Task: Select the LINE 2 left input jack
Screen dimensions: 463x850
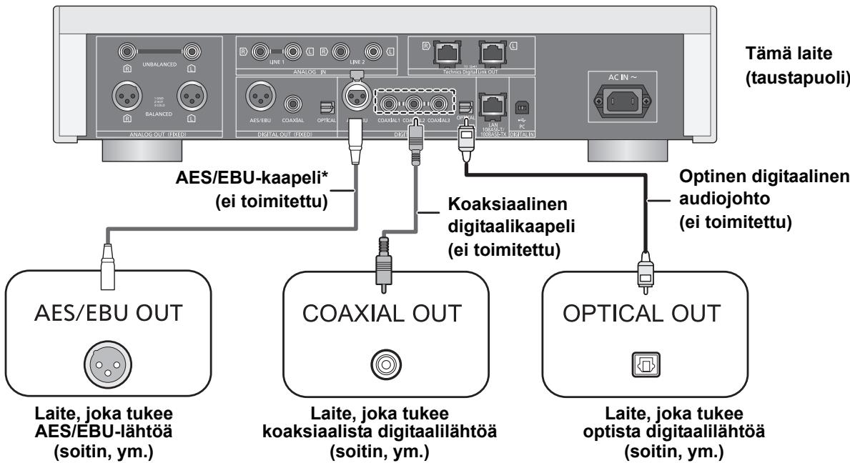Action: point(372,51)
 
